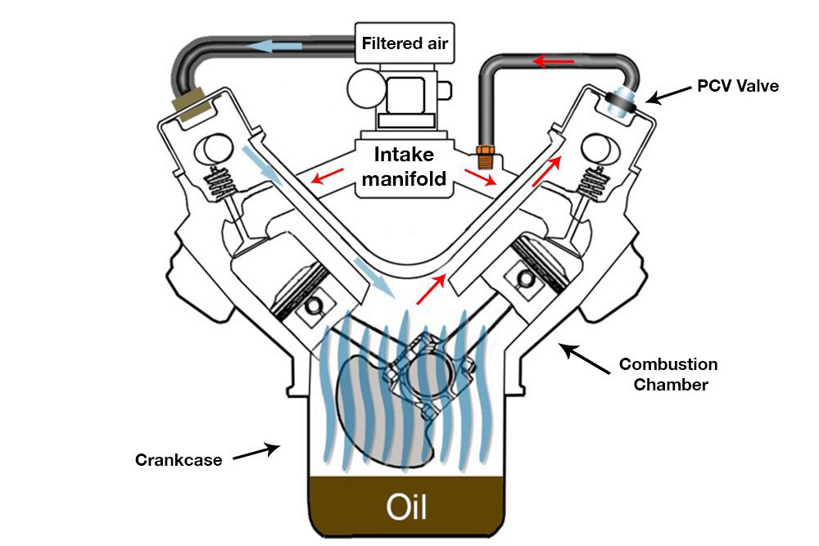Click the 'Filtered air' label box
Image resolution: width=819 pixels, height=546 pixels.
[x=405, y=43]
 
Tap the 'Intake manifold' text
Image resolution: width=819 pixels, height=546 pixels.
[x=405, y=166]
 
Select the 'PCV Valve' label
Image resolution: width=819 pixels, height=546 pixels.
[x=738, y=86]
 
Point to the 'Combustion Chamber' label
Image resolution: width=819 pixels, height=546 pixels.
[x=668, y=374]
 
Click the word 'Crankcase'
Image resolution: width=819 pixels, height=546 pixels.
[x=179, y=460]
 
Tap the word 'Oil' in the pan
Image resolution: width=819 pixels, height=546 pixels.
[x=406, y=507]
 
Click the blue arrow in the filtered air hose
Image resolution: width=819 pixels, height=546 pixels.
[x=274, y=46]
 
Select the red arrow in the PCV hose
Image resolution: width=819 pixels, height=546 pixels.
[x=553, y=62]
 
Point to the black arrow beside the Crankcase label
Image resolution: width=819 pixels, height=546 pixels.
[x=256, y=452]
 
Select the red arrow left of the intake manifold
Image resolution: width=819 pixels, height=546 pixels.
[x=328, y=176]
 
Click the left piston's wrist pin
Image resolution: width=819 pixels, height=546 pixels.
[x=314, y=306]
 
